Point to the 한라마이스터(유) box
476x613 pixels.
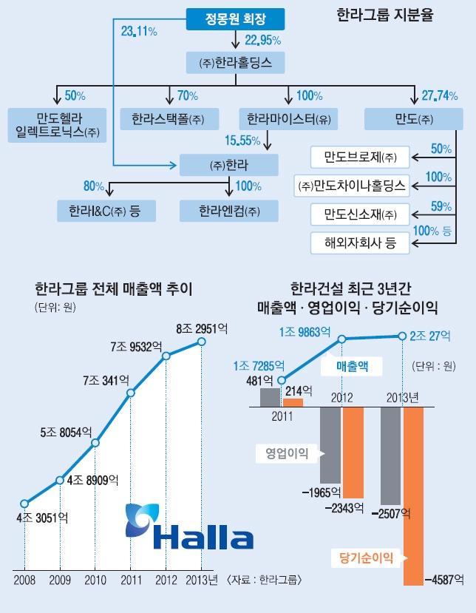(289, 118)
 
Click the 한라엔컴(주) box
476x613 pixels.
(229, 211)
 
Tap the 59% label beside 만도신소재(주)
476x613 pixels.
(441, 206)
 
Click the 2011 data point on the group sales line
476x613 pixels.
(131, 393)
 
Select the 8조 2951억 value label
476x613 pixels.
(199, 329)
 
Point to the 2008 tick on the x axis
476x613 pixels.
(24, 578)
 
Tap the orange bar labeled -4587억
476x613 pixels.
(413, 495)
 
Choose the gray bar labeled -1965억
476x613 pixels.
(330, 444)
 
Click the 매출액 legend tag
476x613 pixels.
(352, 365)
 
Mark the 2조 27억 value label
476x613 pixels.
(430, 336)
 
